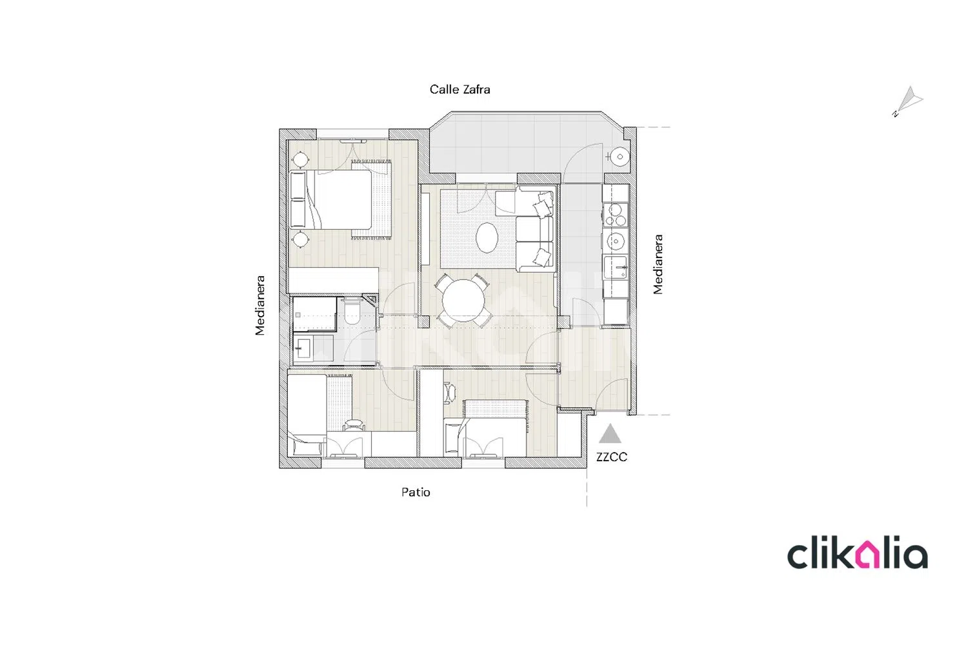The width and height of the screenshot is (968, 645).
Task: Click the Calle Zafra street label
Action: [459, 90]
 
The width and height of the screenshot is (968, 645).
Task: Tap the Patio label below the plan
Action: [416, 492]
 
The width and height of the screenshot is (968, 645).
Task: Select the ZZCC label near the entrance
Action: [612, 457]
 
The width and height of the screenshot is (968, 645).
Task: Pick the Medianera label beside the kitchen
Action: [658, 264]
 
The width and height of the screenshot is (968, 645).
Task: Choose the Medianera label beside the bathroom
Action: [259, 306]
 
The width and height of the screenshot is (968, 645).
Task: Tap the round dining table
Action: [464, 301]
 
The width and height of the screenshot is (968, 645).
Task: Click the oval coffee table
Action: [487, 237]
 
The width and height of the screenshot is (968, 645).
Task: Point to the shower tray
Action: [315, 314]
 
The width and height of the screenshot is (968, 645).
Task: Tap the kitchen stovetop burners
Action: [616, 215]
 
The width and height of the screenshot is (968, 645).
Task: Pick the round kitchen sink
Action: [616, 240]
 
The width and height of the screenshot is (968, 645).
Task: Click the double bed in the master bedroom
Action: [331, 199]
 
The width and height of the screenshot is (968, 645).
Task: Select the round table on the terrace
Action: [620, 157]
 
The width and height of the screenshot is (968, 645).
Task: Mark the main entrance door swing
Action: [612, 394]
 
